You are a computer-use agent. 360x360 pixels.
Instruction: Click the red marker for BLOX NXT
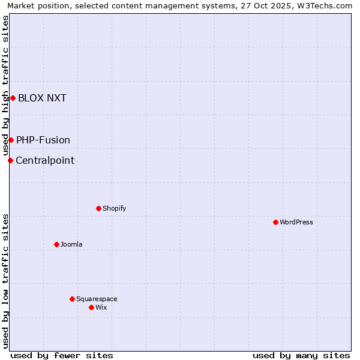[13, 98]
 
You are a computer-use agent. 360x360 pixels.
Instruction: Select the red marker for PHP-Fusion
[11, 140]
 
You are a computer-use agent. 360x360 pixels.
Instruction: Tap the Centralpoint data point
[10, 160]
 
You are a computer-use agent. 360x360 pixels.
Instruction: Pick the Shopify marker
[98, 208]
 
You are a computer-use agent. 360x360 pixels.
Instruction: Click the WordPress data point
[275, 222]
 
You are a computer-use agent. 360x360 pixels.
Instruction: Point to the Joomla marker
[56, 244]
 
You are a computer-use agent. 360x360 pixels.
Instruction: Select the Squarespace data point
[72, 299]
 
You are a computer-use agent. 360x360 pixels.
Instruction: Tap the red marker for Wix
[91, 307]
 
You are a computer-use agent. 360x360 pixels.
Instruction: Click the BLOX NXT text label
[42, 98]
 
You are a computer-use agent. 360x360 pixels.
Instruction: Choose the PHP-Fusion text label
[43, 140]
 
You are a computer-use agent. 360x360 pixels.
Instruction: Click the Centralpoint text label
[45, 160]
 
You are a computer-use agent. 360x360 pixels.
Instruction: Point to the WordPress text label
[296, 222]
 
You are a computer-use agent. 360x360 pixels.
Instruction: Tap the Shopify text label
[114, 208]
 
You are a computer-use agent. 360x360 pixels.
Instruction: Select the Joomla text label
[71, 244]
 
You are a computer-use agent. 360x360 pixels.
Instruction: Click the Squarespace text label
[97, 299]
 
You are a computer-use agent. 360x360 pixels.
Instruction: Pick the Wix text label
[101, 307]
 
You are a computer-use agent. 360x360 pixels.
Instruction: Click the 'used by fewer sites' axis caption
[62, 355]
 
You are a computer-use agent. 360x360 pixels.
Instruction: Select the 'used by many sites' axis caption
[301, 355]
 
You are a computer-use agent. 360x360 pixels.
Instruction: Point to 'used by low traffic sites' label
[5, 280]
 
